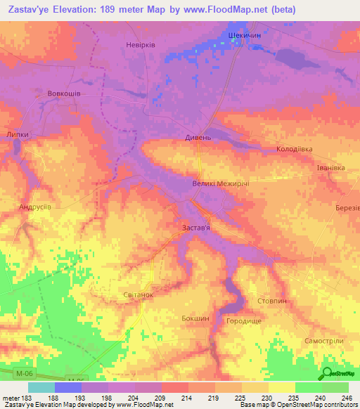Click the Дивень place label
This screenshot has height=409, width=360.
(198, 138)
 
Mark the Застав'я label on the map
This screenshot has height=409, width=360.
(192, 228)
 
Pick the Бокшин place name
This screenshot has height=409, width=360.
(195, 318)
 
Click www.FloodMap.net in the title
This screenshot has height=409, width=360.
(219, 9)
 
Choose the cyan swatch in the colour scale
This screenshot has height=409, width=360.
(41, 387)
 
